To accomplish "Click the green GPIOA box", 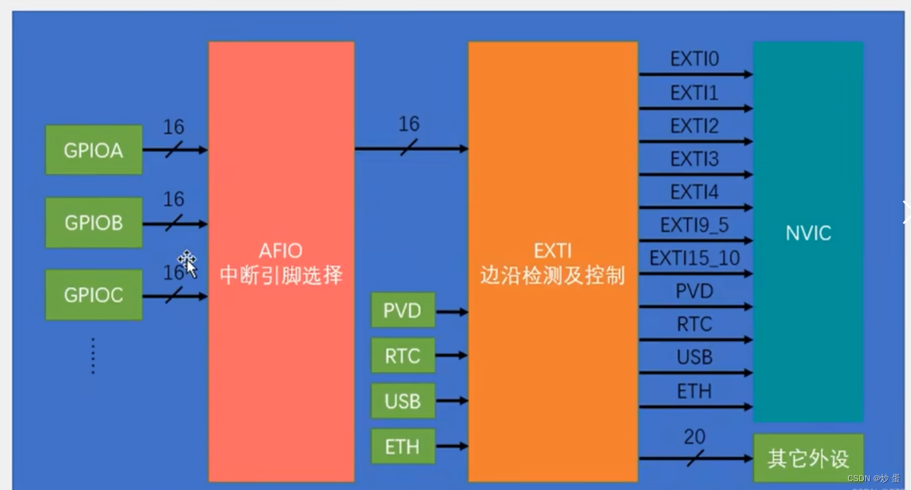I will (94, 150).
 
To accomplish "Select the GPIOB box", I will (94, 222).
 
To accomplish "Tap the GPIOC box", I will (94, 295).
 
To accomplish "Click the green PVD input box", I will (402, 311).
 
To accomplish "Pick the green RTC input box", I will (402, 356).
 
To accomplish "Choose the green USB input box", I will (402, 401).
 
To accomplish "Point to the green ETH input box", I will (402, 446).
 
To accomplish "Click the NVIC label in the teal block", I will (808, 233).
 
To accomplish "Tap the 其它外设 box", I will (808, 458).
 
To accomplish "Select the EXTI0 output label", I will (694, 59).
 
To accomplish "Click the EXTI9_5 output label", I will (694, 224).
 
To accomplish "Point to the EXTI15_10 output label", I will (694, 257).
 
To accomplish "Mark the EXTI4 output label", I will (694, 192).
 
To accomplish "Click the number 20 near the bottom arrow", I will (694, 437).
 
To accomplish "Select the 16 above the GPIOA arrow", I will (173, 127).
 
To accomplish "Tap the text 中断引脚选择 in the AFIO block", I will (281, 275).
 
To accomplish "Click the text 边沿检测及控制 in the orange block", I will (553, 275).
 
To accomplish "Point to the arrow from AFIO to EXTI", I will (411, 148).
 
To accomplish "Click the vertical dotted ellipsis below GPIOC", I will (93, 356).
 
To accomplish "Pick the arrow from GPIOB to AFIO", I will (175, 223).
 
